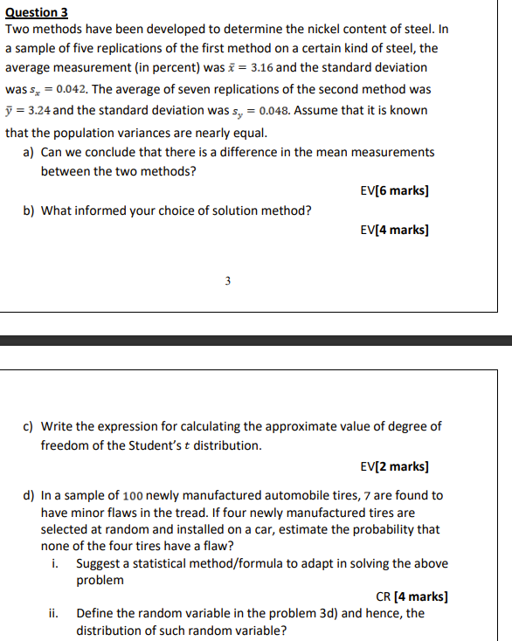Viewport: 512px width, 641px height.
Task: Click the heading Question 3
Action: tap(37, 13)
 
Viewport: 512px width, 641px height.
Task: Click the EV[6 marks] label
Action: tap(394, 190)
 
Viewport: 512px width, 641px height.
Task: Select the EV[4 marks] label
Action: tap(394, 231)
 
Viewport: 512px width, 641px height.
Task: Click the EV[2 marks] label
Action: tap(394, 466)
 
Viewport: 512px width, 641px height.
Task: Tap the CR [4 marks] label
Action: tap(412, 597)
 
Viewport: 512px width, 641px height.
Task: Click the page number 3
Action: tap(227, 281)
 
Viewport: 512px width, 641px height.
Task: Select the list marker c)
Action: tap(29, 426)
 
